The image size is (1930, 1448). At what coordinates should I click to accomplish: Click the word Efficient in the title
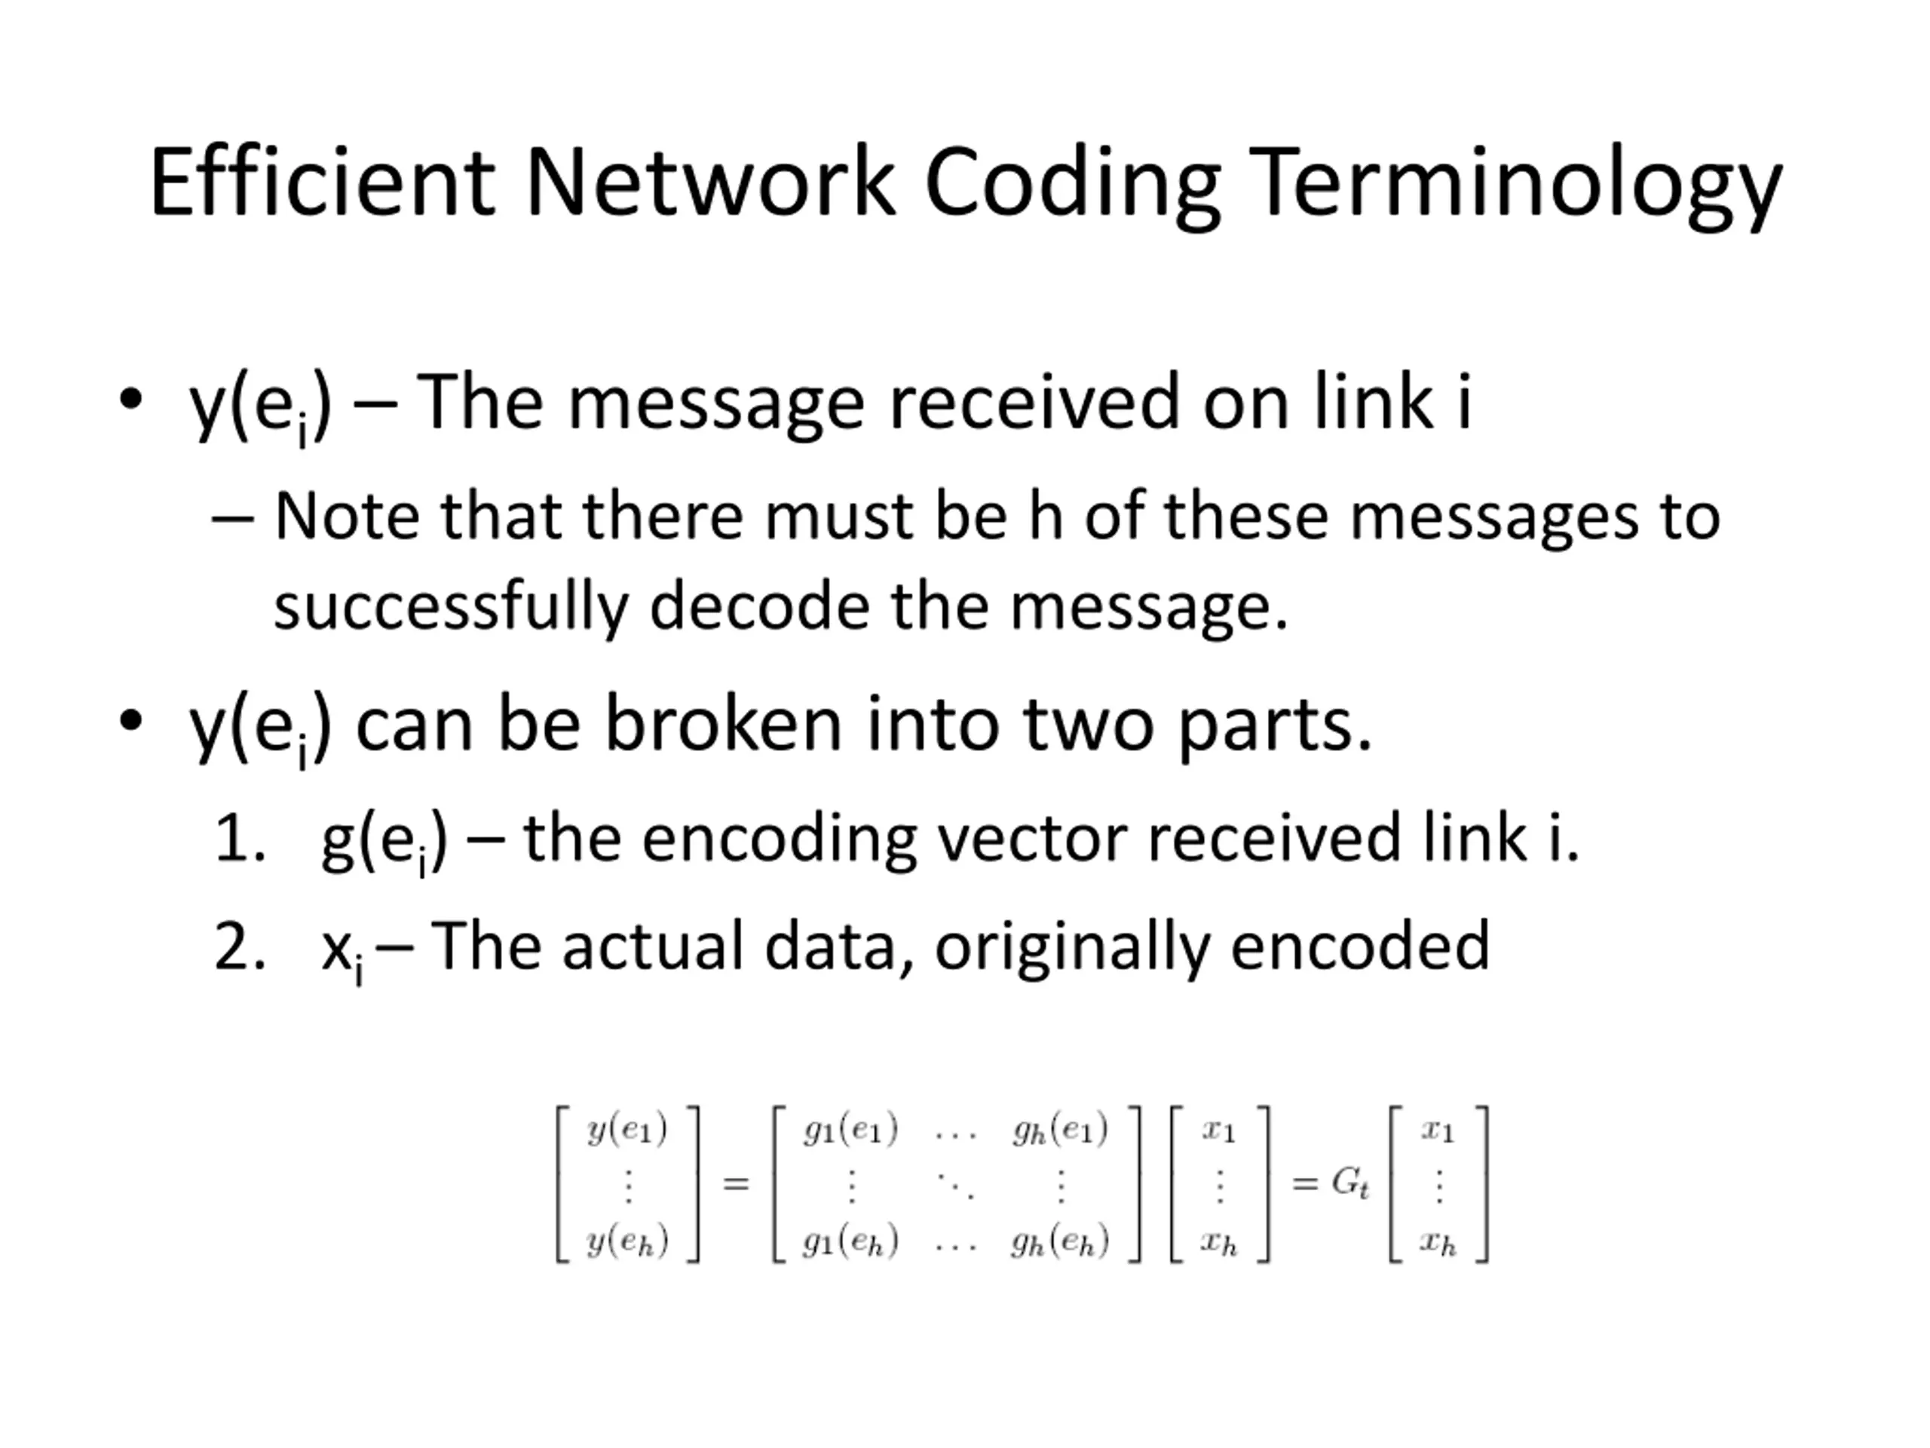click(x=322, y=183)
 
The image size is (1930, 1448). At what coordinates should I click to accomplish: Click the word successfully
click(x=451, y=607)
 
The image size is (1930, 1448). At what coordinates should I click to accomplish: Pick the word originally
click(x=1072, y=947)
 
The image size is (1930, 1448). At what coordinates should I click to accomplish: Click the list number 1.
click(x=238, y=839)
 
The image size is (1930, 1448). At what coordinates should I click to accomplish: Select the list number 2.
click(x=238, y=947)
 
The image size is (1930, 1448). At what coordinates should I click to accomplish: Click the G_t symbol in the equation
click(x=1349, y=1183)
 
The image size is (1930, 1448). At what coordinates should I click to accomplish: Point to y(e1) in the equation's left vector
click(x=627, y=1130)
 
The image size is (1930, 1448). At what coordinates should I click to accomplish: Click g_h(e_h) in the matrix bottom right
click(x=1060, y=1241)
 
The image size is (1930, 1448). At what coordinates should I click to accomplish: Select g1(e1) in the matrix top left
click(x=850, y=1130)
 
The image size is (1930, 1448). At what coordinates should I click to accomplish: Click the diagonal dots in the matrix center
click(x=955, y=1186)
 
